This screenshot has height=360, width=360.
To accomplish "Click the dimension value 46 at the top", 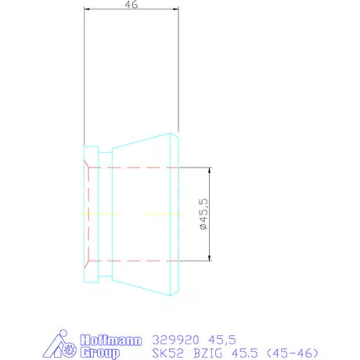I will (x=131, y=4).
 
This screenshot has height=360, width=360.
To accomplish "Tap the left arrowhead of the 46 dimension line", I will (x=87, y=9).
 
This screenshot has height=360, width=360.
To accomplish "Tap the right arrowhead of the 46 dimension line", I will (x=176, y=9).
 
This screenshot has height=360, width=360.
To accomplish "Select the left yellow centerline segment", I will (x=99, y=214).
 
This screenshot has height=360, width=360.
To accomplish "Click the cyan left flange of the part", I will (x=91, y=214).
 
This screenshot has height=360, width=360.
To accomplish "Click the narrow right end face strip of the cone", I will (x=176, y=214).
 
